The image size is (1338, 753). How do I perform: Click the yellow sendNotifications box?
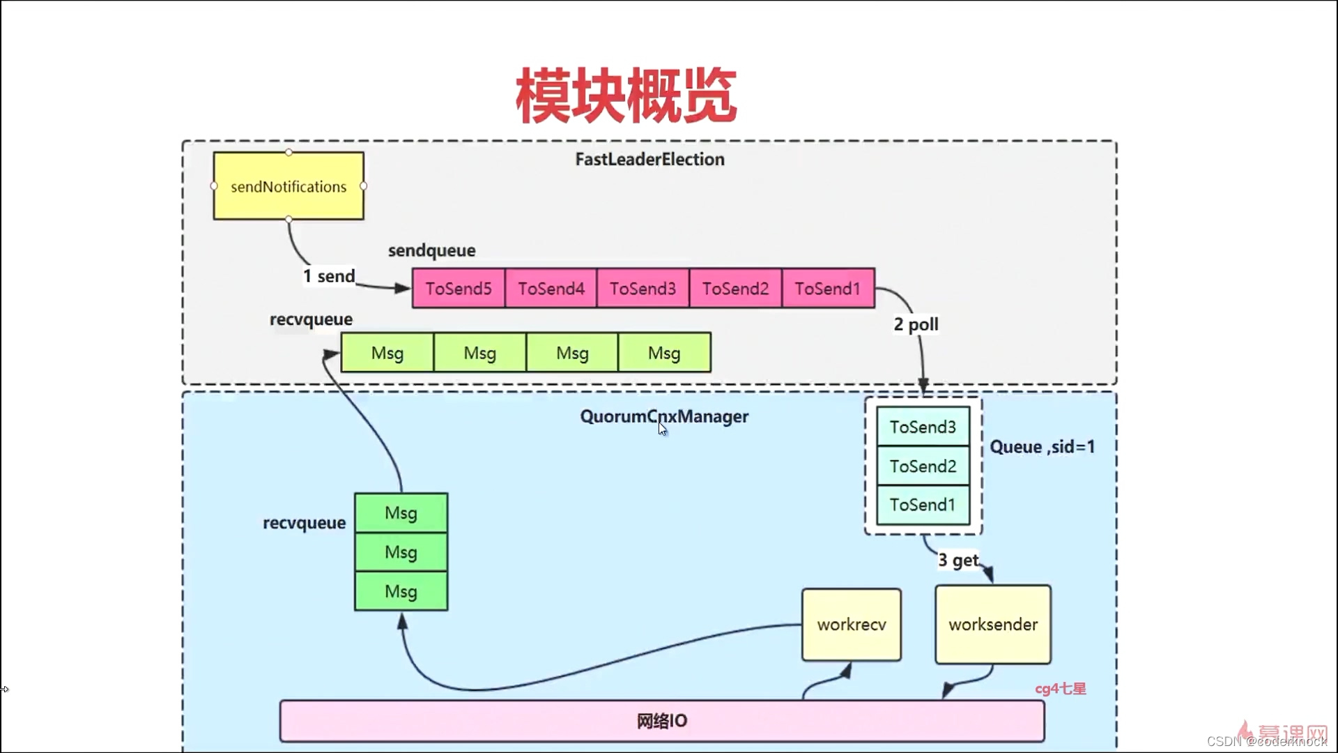(289, 186)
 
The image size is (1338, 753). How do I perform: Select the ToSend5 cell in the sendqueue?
(459, 288)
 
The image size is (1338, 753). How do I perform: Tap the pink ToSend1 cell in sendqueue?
(828, 288)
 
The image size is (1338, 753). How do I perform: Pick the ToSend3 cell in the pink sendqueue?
(643, 288)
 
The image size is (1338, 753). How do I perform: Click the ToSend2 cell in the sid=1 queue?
(923, 466)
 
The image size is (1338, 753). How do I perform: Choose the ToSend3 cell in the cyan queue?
(923, 427)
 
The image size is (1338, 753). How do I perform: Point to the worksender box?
(993, 624)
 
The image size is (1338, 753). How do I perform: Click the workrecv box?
(852, 624)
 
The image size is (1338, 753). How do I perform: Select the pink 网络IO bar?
(661, 721)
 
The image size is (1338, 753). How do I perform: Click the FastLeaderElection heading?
(649, 159)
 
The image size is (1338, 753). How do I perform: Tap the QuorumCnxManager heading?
(664, 416)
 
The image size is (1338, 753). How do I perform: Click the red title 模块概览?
(626, 96)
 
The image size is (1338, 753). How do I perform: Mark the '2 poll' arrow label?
(916, 324)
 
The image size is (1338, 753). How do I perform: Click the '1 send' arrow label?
(329, 276)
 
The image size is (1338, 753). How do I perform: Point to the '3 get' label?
(958, 561)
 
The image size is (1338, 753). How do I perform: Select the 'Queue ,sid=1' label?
(1042, 447)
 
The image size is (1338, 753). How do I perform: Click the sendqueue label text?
(431, 250)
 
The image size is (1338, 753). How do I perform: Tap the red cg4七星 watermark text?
(1060, 689)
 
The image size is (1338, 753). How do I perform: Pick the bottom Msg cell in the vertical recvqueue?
(401, 591)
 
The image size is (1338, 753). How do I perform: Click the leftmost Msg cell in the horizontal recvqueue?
(387, 353)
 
